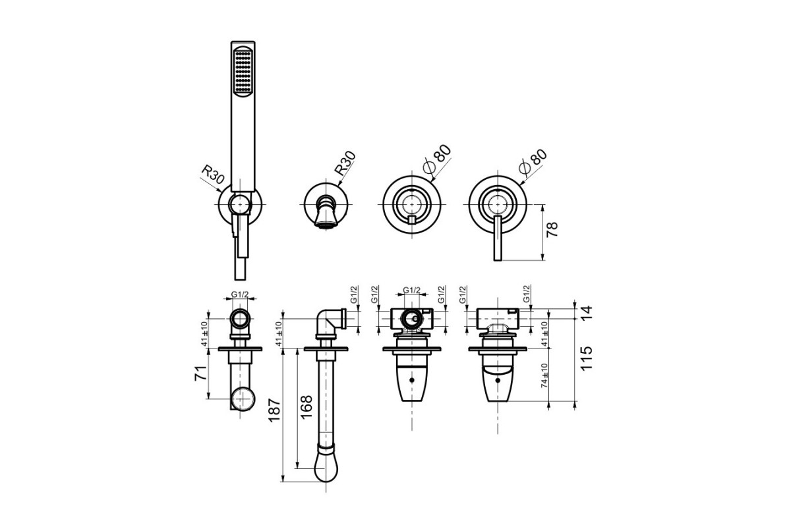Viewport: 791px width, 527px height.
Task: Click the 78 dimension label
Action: (552, 229)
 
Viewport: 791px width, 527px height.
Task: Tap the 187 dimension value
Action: (274, 410)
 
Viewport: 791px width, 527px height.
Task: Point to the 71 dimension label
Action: (200, 373)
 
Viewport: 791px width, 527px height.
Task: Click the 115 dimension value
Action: (586, 358)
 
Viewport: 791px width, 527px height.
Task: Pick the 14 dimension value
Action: (586, 314)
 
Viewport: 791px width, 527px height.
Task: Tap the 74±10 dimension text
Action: (544, 375)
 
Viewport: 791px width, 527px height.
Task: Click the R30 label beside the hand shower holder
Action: (212, 175)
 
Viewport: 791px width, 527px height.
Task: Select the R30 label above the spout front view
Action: (345, 163)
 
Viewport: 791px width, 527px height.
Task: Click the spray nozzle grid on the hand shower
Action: (243, 72)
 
